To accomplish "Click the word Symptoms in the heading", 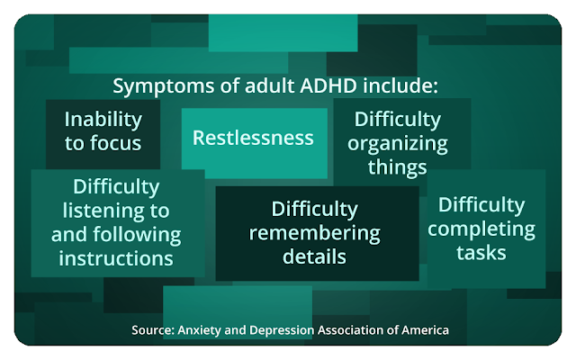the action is (x=164, y=87).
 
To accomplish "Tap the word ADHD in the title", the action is (x=328, y=86).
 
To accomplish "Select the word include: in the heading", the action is (x=400, y=86).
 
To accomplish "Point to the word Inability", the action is (x=103, y=120).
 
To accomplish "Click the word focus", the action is (x=115, y=143).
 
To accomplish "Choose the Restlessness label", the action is (x=253, y=138).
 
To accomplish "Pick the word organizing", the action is (x=398, y=144).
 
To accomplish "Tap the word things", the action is (x=398, y=168).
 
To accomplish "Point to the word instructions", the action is (x=116, y=258).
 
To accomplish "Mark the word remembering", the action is (x=315, y=234).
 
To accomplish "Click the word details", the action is (x=314, y=256).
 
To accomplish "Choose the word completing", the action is (x=481, y=230).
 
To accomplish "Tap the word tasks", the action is (x=481, y=253).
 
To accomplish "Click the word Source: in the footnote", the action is (x=153, y=330).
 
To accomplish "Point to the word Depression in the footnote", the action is (x=282, y=330).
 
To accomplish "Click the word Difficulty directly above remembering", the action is (x=315, y=210).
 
